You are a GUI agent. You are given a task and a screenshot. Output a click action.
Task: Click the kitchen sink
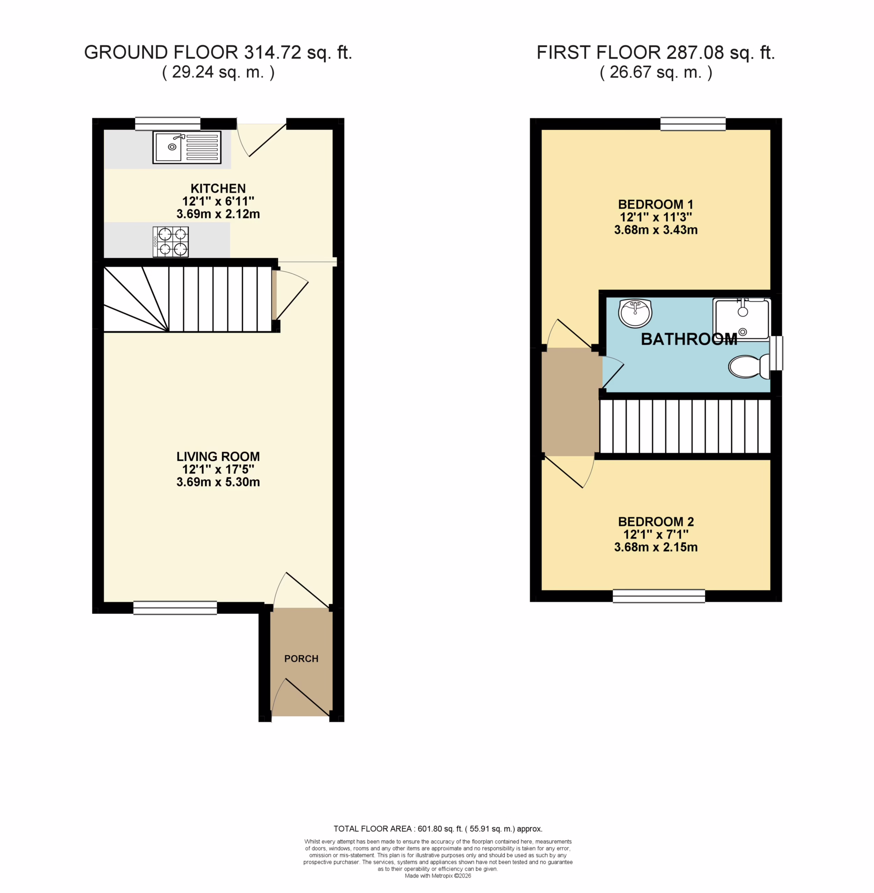point(187,147)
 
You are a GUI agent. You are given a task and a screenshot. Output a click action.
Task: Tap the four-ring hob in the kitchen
point(171,242)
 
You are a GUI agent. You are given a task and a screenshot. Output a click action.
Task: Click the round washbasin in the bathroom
point(635,313)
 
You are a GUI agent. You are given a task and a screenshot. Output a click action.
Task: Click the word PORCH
point(301,659)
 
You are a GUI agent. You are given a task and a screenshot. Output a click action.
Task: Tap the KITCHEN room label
point(218,188)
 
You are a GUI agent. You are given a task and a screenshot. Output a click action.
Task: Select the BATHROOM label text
point(689,339)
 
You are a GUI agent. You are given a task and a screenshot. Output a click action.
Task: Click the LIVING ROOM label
point(218,456)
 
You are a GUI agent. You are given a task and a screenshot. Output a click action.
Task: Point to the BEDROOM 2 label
point(656,521)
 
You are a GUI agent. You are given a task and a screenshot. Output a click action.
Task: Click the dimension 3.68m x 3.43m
point(656,230)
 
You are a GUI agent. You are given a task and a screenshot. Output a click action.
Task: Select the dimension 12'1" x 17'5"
point(218,469)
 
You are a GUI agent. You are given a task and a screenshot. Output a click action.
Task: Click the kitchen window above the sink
point(168,124)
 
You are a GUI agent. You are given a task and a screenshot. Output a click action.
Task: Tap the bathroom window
point(776,353)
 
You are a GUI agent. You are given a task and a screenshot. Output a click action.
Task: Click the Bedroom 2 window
point(659,596)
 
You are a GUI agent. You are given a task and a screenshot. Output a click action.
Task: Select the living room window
point(175,608)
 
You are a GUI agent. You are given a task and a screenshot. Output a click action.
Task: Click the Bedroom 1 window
point(693,124)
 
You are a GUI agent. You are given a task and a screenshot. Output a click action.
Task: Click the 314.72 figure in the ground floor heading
point(273,52)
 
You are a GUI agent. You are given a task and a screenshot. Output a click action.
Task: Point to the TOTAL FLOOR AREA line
point(438,829)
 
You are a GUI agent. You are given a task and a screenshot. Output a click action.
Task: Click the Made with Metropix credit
point(438,876)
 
